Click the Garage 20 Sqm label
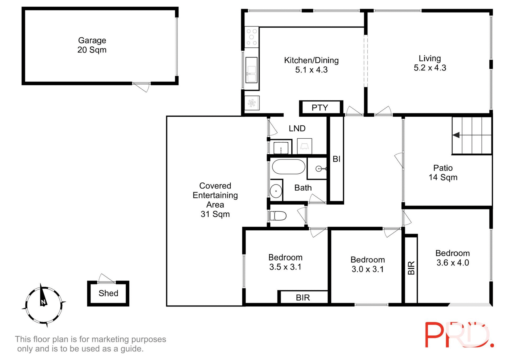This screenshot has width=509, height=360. pyautogui.click(x=92, y=45)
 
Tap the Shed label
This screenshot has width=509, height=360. pyautogui.click(x=108, y=293)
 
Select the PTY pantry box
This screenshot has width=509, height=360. pyautogui.click(x=320, y=108)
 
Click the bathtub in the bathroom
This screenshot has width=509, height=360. pyautogui.click(x=288, y=167)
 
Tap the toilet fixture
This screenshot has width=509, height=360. pyautogui.click(x=278, y=216)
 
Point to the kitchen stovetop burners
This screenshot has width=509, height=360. pyautogui.click(x=251, y=37)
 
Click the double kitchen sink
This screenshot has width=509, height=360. pyautogui.click(x=251, y=70)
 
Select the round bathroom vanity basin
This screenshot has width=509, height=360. pyautogui.click(x=276, y=191)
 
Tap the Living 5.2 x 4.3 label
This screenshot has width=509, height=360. pyautogui.click(x=430, y=63)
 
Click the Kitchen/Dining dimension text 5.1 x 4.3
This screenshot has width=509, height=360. pyautogui.click(x=311, y=70)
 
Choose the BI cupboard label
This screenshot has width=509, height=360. pyautogui.click(x=336, y=159)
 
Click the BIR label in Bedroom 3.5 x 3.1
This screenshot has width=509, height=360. pyautogui.click(x=303, y=298)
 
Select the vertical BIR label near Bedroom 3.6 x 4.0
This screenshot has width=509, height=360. pyautogui.click(x=411, y=268)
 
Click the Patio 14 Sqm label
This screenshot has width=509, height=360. pyautogui.click(x=443, y=173)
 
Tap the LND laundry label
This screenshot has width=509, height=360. pyautogui.click(x=297, y=129)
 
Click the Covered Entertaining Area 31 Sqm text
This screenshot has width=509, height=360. pyautogui.click(x=215, y=200)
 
